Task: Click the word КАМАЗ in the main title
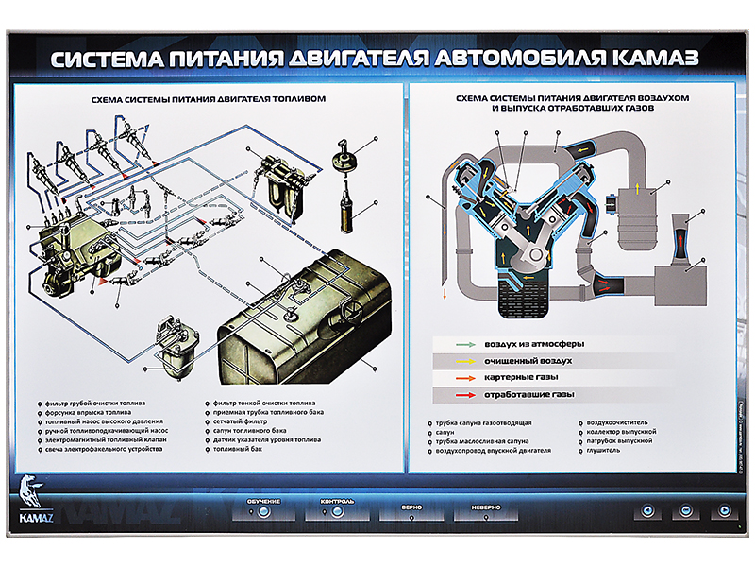coord(642,58)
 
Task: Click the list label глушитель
coord(603,450)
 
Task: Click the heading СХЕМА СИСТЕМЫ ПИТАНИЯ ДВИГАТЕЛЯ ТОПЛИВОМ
coord(207,98)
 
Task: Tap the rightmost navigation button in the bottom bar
coord(725,511)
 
